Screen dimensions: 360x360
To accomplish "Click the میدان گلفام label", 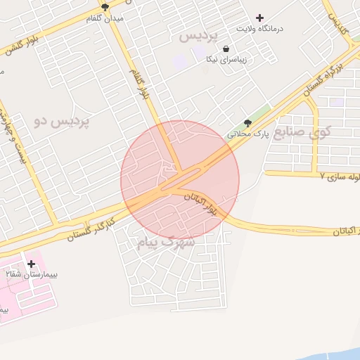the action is pyautogui.click(x=104, y=18).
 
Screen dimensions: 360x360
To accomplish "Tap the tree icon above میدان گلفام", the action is pyautogui.click(x=105, y=8).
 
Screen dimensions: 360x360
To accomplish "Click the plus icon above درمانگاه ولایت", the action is pyautogui.click(x=260, y=18).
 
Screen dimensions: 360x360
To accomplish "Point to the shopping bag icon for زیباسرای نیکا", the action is pyautogui.click(x=226, y=49).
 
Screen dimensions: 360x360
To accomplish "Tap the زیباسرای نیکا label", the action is pyautogui.click(x=226, y=60).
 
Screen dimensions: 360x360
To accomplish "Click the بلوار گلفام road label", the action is pyautogui.click(x=140, y=83).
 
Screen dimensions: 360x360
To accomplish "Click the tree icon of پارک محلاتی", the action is pyautogui.click(x=247, y=123).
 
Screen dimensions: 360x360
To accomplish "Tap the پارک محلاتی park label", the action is pyautogui.click(x=248, y=134).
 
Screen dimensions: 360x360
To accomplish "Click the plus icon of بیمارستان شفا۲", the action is pyautogui.click(x=32, y=264).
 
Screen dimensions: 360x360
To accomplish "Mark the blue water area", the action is pyautogui.click(x=330, y=356).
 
